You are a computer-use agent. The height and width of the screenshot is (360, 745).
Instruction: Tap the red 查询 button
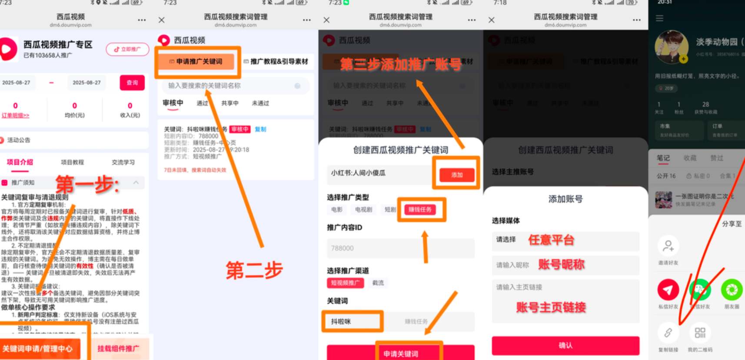point(132,83)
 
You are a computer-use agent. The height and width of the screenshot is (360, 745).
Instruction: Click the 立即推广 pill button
point(127,50)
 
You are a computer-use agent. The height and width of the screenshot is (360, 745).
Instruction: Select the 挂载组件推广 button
point(118,348)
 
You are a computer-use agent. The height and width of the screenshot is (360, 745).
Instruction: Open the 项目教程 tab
point(72,162)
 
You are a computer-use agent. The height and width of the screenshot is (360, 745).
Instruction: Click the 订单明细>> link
point(15,115)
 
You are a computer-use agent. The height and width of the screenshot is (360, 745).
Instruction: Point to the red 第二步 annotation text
point(254,270)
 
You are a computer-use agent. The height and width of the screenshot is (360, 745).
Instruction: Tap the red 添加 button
point(457,175)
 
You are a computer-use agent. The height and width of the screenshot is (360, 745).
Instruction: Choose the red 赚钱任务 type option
point(420,210)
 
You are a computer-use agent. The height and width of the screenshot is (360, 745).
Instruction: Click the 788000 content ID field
point(400,248)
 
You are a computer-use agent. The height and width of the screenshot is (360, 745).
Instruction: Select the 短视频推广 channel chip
point(345,283)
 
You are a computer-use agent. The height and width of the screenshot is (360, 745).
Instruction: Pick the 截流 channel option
point(378,283)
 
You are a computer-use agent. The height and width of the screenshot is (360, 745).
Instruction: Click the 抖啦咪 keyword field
point(352,322)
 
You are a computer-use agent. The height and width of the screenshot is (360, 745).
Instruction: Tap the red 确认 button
point(565,345)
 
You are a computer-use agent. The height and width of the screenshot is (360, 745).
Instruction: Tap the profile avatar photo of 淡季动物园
point(671,47)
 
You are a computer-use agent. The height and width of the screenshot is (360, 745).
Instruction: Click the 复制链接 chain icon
point(668,333)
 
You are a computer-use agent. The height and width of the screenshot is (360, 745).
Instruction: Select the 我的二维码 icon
point(700,333)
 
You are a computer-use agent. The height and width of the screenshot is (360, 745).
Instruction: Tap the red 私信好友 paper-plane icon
point(668,290)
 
